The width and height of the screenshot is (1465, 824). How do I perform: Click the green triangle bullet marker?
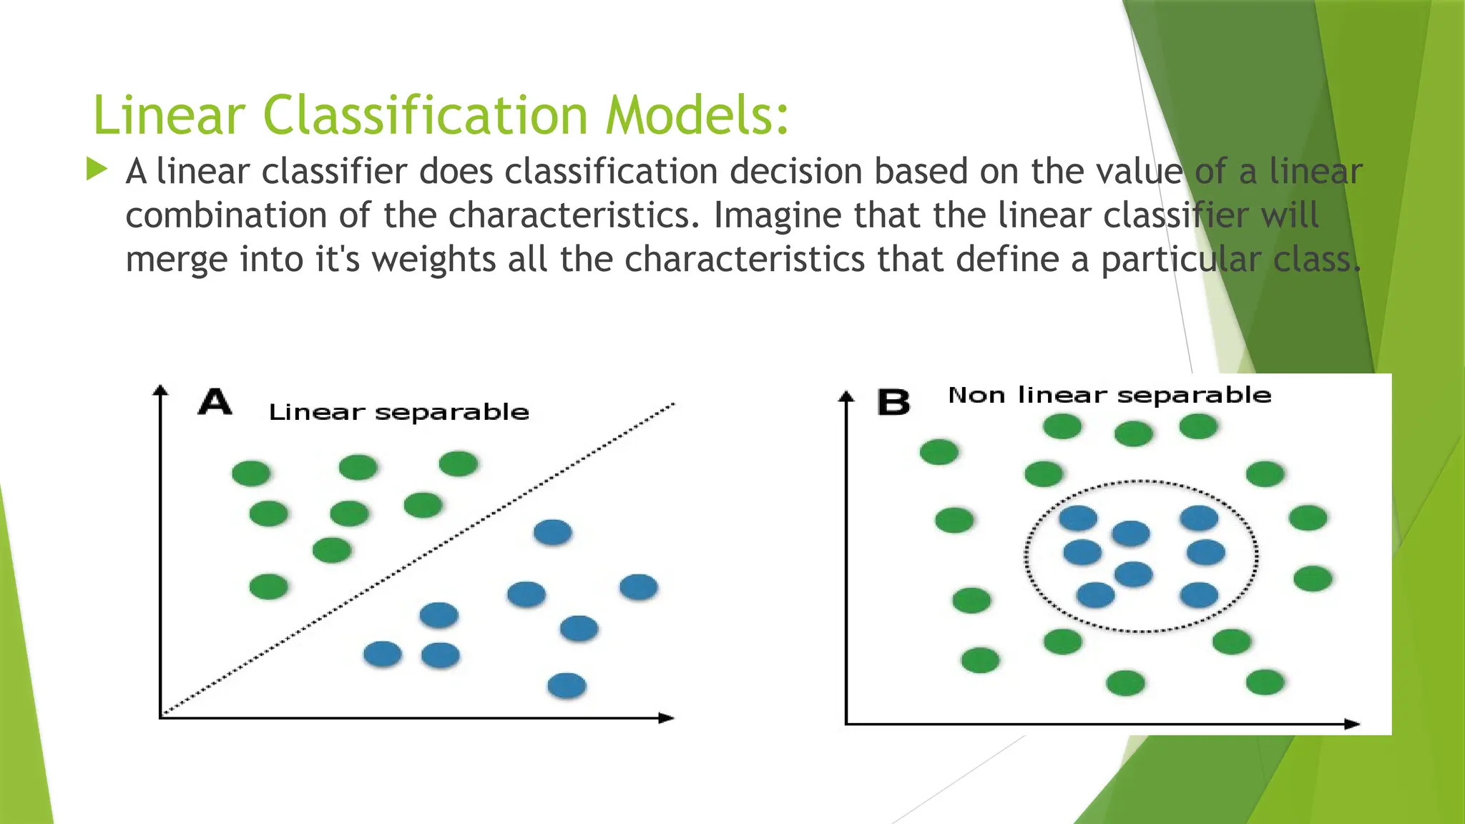pyautogui.click(x=97, y=170)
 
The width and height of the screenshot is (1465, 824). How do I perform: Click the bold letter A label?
pyautogui.click(x=215, y=402)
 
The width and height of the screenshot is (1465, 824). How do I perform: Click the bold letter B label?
pyautogui.click(x=893, y=403)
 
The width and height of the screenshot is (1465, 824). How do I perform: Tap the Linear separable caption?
pyautogui.click(x=398, y=413)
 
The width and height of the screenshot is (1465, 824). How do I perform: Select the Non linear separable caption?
pyautogui.click(x=1109, y=396)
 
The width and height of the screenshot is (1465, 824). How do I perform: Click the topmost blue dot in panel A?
pyautogui.click(x=552, y=532)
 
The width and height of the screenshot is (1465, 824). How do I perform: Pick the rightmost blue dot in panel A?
pyautogui.click(x=638, y=587)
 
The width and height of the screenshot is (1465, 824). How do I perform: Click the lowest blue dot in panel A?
pyautogui.click(x=567, y=686)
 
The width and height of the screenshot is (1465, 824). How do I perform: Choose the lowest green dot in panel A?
pyautogui.click(x=269, y=587)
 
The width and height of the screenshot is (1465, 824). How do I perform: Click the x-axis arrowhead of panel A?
pyautogui.click(x=667, y=717)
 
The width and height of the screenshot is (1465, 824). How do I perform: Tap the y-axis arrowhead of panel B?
pyautogui.click(x=846, y=396)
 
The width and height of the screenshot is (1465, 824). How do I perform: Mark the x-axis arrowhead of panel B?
pyautogui.click(x=1352, y=724)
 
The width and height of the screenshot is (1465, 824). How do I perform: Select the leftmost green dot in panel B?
pyautogui.click(x=939, y=452)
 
